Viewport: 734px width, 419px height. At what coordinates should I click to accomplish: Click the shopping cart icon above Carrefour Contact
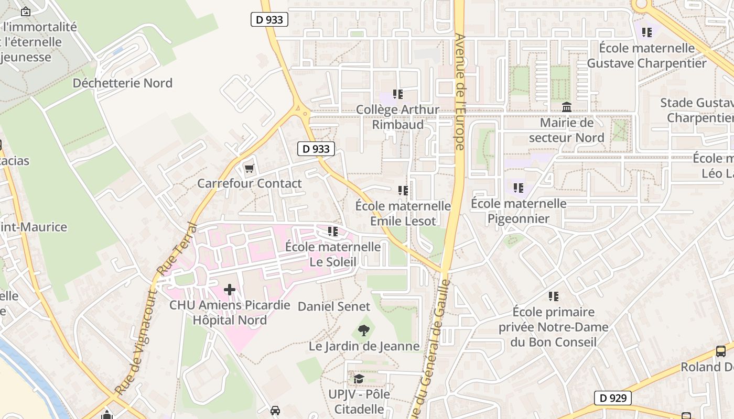[250, 169]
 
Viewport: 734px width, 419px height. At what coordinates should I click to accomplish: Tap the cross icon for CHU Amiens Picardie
[230, 290]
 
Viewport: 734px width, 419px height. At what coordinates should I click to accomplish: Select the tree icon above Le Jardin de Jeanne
[363, 330]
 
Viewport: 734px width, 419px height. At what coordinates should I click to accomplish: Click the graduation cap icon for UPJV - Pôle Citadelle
[359, 379]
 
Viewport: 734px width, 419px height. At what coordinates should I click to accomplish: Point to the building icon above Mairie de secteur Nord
[567, 107]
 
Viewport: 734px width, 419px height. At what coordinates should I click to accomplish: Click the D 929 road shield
[612, 398]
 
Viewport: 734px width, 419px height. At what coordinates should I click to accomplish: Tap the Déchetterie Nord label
[122, 83]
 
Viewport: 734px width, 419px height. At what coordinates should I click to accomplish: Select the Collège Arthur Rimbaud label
[398, 117]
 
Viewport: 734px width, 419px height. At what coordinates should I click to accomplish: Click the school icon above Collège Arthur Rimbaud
[398, 94]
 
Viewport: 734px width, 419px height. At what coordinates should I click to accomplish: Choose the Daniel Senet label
[334, 306]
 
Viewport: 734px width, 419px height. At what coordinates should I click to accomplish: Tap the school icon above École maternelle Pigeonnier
[519, 188]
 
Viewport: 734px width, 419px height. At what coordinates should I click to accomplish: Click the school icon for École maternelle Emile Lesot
[403, 191]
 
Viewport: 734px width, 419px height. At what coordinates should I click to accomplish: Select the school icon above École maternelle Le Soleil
[332, 231]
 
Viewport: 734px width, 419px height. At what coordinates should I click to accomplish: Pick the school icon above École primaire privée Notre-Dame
[554, 296]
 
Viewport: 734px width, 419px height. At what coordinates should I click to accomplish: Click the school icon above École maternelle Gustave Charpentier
[647, 32]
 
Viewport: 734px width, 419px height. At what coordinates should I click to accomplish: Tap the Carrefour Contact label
[250, 183]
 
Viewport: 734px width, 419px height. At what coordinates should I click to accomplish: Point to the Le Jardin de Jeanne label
[364, 346]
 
